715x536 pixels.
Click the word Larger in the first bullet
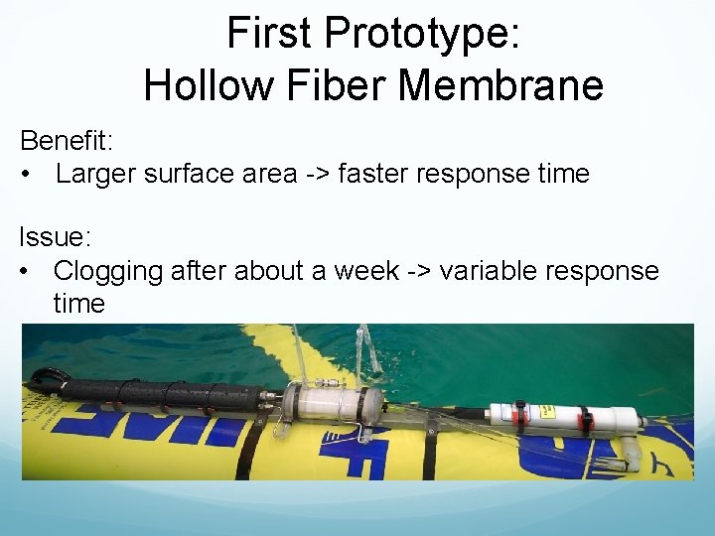click(x=95, y=174)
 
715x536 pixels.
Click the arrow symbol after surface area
click(x=318, y=175)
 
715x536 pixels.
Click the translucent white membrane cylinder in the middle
click(x=334, y=405)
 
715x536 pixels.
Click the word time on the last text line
click(x=78, y=304)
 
